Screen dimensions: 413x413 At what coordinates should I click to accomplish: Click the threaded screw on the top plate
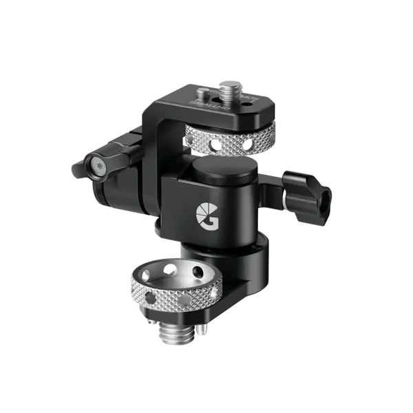tap(228, 89)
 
